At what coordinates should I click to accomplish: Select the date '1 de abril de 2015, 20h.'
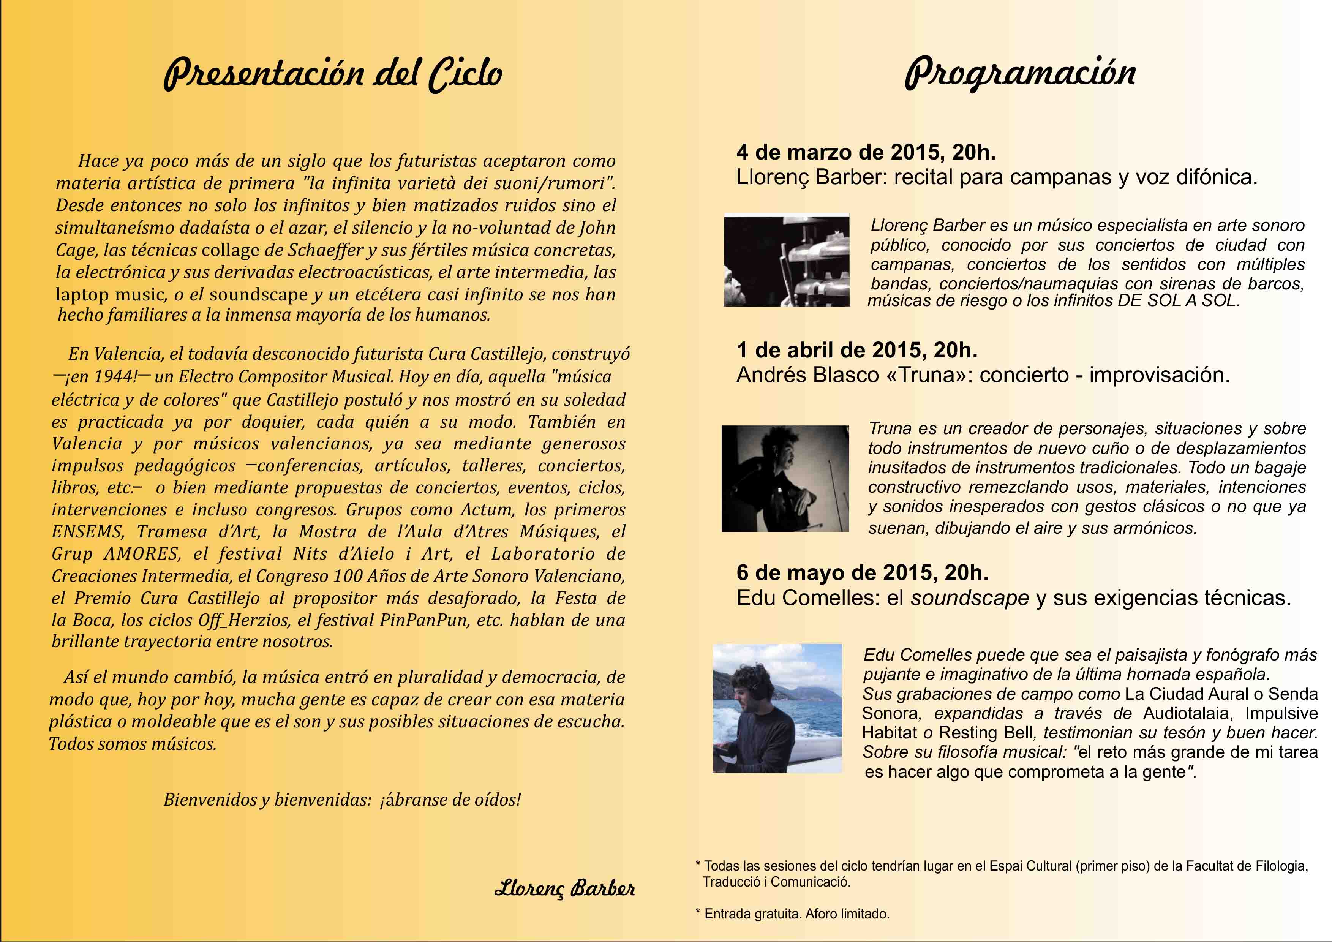click(857, 350)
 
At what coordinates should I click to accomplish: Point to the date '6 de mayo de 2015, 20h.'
click(862, 572)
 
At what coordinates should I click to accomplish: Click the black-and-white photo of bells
click(787, 261)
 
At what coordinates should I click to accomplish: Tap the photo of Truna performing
click(785, 479)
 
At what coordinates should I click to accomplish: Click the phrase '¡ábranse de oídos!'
click(450, 800)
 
